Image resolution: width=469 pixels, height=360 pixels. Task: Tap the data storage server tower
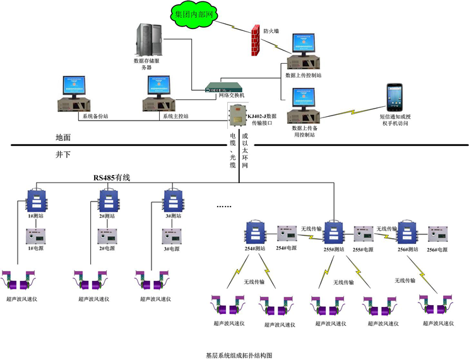[147, 39]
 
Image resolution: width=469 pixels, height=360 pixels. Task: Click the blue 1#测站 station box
[33, 200]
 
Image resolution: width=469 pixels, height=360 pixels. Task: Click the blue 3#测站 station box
[171, 200]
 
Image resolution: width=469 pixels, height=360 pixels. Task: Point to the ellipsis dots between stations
[224, 207]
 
